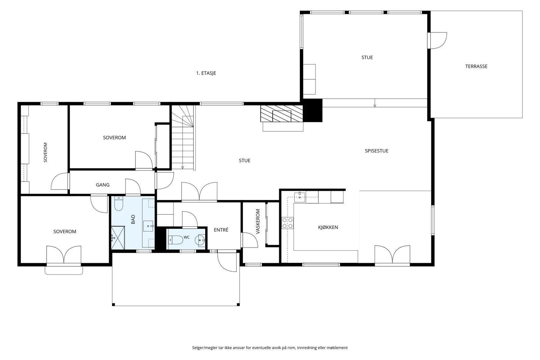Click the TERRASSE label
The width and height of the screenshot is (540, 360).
click(x=476, y=66)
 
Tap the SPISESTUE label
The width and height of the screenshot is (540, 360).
click(x=377, y=151)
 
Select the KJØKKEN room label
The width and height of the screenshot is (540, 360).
click(x=328, y=227)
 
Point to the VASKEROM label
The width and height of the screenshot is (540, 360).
click(x=258, y=221)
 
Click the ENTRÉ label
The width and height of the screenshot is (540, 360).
click(x=221, y=230)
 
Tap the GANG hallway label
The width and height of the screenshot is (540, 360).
click(x=103, y=185)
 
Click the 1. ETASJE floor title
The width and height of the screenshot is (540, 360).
click(x=206, y=73)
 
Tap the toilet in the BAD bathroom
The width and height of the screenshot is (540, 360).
click(x=118, y=203)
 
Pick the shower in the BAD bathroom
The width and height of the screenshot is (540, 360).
click(x=118, y=238)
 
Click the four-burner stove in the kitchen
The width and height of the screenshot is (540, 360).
click(x=288, y=223)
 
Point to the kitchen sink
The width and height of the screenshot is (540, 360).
click(x=299, y=197)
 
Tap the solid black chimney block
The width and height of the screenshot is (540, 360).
click(x=313, y=110)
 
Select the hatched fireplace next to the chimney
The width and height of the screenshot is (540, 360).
click(x=281, y=113)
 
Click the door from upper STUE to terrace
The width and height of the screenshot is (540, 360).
click(x=437, y=40)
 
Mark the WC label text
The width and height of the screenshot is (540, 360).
click(x=186, y=237)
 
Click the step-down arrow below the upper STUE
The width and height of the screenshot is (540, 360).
click(x=375, y=103)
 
